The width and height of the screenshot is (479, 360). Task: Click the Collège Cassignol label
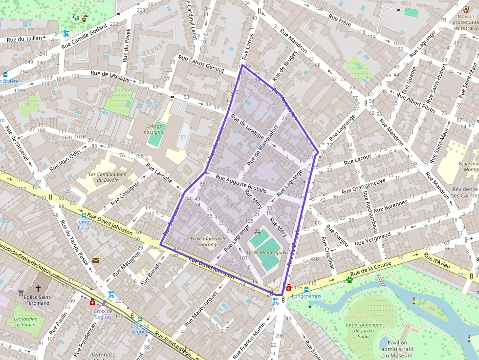pyautogui.click(x=154, y=129)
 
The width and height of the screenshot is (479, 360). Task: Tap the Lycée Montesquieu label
pyautogui.click(x=267, y=253)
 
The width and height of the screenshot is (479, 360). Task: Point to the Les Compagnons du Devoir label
pyautogui.click(x=108, y=177)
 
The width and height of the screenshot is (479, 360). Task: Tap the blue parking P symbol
pyautogui.click(x=183, y=138)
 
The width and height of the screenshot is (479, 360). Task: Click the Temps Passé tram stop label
pyautogui.click(x=84, y=224)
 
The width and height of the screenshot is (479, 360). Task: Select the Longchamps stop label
pyautogui.click(x=305, y=296)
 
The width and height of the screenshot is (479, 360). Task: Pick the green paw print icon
pyautogui.click(x=349, y=280)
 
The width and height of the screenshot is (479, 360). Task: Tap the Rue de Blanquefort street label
pyautogui.click(x=263, y=145)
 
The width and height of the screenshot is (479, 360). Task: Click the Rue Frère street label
pyautogui.click(x=341, y=20)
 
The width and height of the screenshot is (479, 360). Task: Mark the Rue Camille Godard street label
pyautogui.click(x=84, y=37)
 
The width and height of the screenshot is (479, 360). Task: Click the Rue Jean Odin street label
pyautogui.click(x=65, y=160)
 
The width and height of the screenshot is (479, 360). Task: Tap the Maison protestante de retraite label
pyautogui.click(x=466, y=22)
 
